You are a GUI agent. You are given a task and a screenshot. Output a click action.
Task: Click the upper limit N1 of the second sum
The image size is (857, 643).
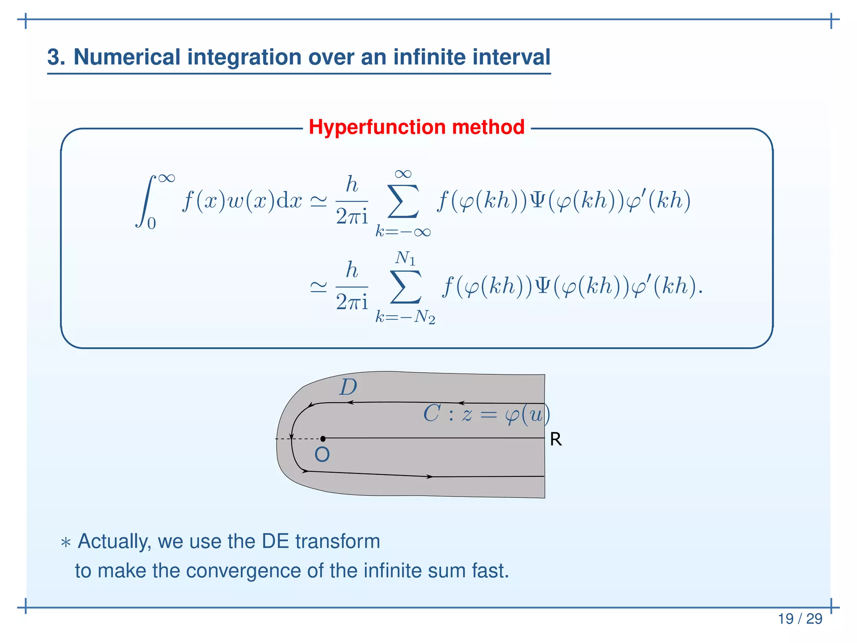tap(405, 258)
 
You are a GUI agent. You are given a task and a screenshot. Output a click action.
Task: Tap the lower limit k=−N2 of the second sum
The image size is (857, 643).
tap(405, 317)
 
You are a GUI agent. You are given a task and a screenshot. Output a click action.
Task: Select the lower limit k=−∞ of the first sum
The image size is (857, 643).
tap(403, 231)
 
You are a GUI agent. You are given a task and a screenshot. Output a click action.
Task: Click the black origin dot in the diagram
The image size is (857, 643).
tap(323, 439)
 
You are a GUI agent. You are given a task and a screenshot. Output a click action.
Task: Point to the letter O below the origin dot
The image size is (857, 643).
tap(322, 455)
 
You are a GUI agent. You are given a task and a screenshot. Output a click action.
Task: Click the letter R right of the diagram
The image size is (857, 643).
tap(556, 440)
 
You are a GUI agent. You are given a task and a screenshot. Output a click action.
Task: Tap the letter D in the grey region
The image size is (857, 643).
tap(348, 387)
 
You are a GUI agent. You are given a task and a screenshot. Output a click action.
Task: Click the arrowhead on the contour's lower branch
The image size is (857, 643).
tap(429, 476)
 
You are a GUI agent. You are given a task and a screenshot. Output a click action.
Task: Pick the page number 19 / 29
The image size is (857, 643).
tap(800, 618)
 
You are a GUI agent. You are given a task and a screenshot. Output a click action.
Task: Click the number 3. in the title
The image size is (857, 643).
tap(56, 57)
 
